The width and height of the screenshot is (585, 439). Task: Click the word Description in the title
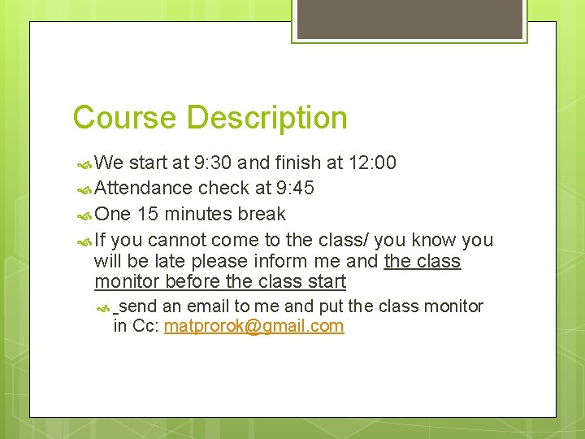coord(266,119)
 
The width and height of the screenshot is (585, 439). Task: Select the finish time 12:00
coord(372,163)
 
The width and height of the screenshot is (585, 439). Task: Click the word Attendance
coord(144,188)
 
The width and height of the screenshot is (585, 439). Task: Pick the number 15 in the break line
coord(148,214)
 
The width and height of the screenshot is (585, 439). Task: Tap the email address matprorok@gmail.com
coord(253,326)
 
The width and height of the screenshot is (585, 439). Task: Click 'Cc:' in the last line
coord(145,326)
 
